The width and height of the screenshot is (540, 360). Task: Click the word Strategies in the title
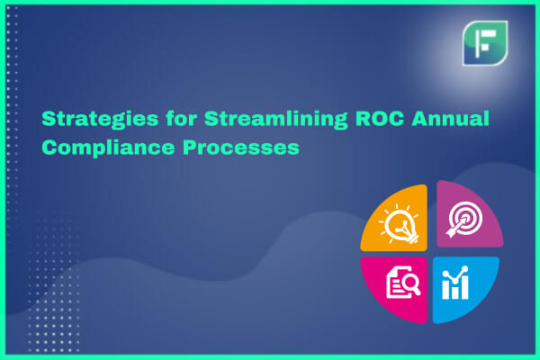tap(100, 120)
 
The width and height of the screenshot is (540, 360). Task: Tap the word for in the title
tap(181, 118)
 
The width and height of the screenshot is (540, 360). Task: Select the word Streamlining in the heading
tap(276, 120)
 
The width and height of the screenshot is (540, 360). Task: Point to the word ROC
tap(380, 118)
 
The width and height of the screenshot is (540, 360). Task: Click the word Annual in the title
tap(451, 118)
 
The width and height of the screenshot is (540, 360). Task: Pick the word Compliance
tap(109, 148)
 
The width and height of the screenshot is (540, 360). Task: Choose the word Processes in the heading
tap(241, 148)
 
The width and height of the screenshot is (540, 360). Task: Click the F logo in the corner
tap(485, 43)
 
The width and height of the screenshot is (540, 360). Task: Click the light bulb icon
tap(400, 224)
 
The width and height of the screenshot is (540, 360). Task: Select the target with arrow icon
tap(464, 219)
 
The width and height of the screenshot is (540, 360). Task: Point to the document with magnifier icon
tap(403, 282)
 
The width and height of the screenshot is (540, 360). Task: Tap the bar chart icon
tap(455, 283)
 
